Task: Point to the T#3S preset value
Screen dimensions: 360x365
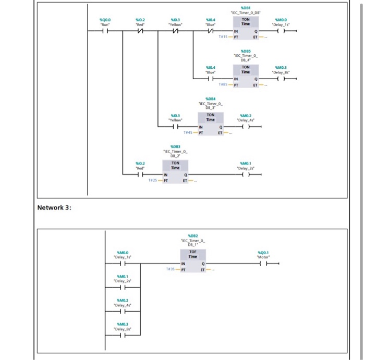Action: pyautogui.click(x=171, y=269)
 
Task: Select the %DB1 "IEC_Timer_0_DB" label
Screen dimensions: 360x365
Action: pyautogui.click(x=246, y=10)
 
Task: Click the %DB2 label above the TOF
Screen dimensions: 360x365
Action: pyautogui.click(x=193, y=236)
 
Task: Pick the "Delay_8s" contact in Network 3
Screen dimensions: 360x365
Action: pyautogui.click(x=121, y=335)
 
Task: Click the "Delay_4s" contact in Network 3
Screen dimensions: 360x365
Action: pyautogui.click(x=121, y=311)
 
